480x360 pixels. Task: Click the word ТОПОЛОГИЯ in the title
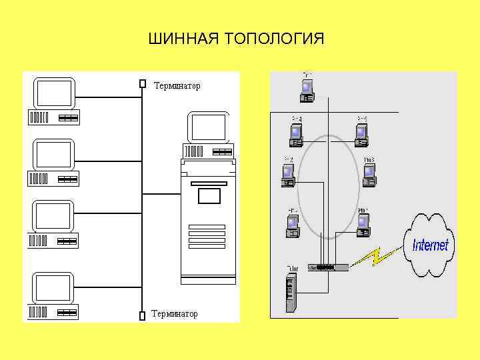pyautogui.click(x=275, y=39)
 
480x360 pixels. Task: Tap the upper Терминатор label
pyautogui.click(x=177, y=86)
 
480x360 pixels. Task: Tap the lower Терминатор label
pyautogui.click(x=174, y=313)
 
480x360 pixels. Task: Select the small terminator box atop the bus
pyautogui.click(x=142, y=84)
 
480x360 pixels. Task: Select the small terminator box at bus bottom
pyautogui.click(x=142, y=315)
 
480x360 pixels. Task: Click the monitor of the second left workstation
pyautogui.click(x=54, y=155)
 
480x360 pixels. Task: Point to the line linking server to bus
pyautogui.click(x=161, y=194)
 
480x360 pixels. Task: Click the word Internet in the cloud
pyautogui.click(x=431, y=245)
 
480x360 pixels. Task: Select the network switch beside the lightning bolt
pyautogui.click(x=327, y=267)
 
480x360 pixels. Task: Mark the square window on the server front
pyautogui.click(x=209, y=196)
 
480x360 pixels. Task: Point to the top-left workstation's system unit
pyautogui.click(x=53, y=117)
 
